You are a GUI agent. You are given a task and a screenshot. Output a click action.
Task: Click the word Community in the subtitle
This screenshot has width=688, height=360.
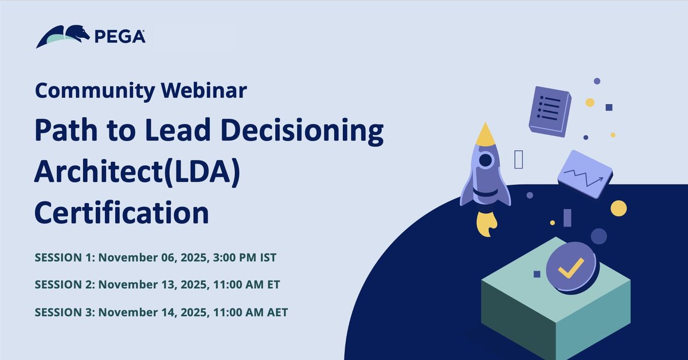click(94, 90)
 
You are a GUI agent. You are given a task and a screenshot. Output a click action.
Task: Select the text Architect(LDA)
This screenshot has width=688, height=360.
click(136, 172)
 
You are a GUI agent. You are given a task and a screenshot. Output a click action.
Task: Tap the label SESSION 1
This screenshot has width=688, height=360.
click(65, 258)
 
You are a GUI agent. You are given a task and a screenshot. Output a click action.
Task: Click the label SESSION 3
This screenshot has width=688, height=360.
click(65, 312)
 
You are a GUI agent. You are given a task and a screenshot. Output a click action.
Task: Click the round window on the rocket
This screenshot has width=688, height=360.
click(486, 160)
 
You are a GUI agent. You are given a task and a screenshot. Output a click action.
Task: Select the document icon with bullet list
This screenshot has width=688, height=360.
click(550, 110)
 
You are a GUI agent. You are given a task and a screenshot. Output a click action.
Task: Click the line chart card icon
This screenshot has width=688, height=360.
click(584, 174)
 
